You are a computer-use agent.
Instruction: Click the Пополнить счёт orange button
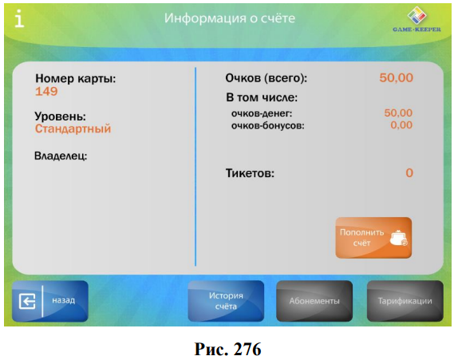point(373,238)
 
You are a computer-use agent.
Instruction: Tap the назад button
point(50,301)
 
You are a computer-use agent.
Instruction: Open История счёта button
point(226,301)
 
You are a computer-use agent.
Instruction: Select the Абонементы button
point(314,301)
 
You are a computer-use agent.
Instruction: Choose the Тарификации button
point(405,301)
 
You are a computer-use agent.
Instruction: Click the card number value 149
point(46,92)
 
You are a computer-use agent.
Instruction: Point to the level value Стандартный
point(73,129)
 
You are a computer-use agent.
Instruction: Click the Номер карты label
point(75,78)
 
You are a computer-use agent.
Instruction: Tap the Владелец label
point(61,156)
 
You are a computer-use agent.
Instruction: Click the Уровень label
point(60,116)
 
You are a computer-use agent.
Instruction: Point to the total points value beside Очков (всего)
point(396,77)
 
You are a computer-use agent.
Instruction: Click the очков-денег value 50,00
point(398,113)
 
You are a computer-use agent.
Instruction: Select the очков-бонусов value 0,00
point(401,125)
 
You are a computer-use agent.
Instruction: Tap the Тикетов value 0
point(409,173)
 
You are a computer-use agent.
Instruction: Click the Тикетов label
point(250,173)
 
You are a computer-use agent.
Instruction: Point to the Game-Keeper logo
point(417,19)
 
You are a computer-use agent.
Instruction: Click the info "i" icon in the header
point(19,18)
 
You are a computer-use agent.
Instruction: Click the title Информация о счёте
point(230,18)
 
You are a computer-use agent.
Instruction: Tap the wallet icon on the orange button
point(398,239)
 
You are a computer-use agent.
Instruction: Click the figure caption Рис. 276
point(227,349)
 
